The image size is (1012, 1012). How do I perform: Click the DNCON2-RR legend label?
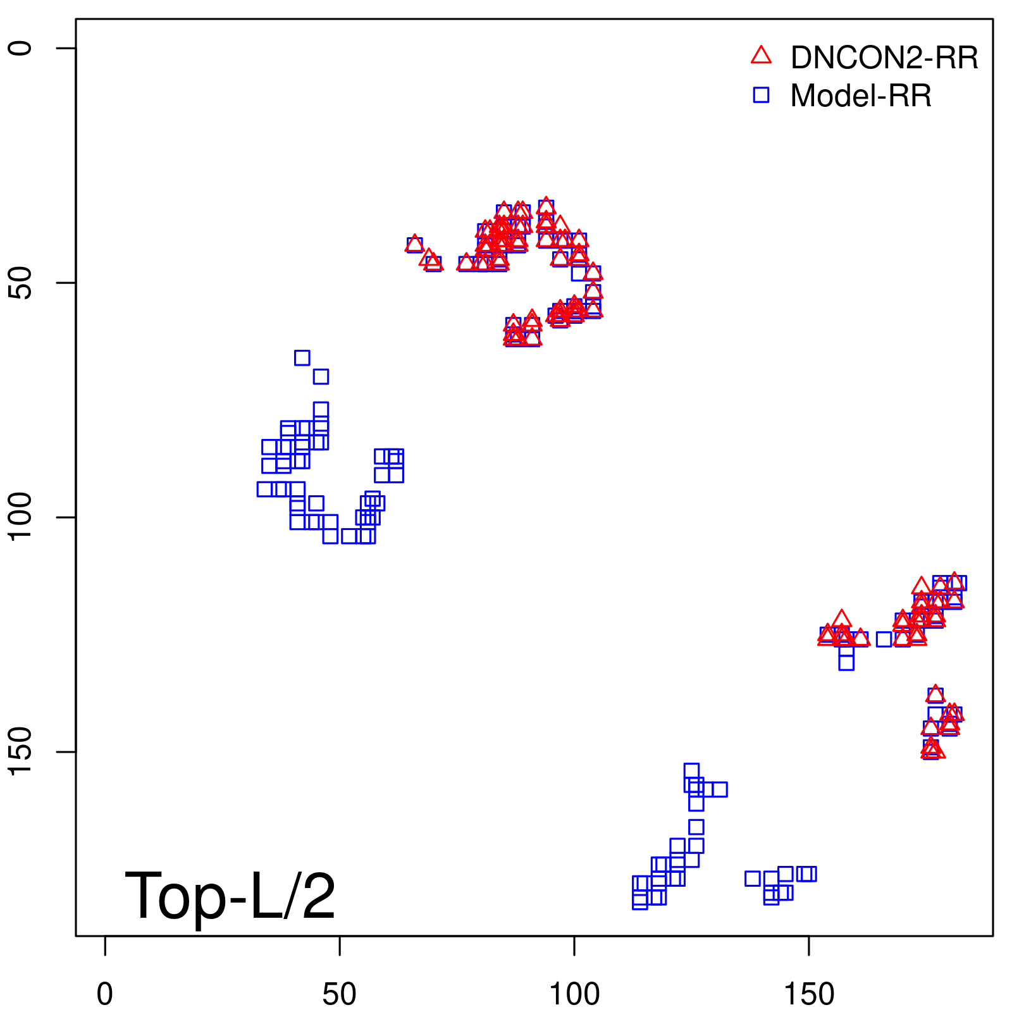tap(884, 58)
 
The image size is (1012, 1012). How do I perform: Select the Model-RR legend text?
tap(860, 96)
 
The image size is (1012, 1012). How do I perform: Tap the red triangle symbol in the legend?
tap(761, 56)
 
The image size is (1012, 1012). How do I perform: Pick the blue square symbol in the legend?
tap(761, 95)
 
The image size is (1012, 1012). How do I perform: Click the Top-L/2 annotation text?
tap(230, 896)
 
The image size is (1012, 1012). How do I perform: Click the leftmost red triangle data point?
tap(414, 244)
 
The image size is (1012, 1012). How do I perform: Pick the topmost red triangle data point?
tap(546, 206)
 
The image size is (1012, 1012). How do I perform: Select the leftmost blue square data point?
tap(264, 489)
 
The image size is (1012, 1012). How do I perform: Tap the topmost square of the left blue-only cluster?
tap(302, 357)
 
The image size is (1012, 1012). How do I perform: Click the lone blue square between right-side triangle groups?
tap(884, 639)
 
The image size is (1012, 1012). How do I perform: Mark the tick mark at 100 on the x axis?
tap(574, 946)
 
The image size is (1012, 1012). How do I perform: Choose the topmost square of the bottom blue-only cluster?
tap(691, 771)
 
